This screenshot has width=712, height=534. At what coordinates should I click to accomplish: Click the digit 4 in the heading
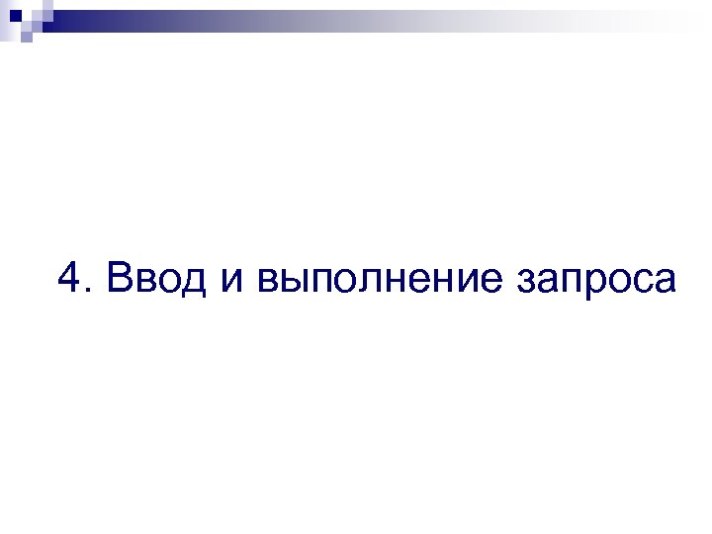pos(70,278)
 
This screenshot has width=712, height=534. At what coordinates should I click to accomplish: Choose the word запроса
pos(596,283)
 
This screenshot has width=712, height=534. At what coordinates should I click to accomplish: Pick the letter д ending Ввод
pos(192,283)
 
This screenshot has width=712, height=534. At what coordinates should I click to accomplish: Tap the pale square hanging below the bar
pos(27,38)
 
